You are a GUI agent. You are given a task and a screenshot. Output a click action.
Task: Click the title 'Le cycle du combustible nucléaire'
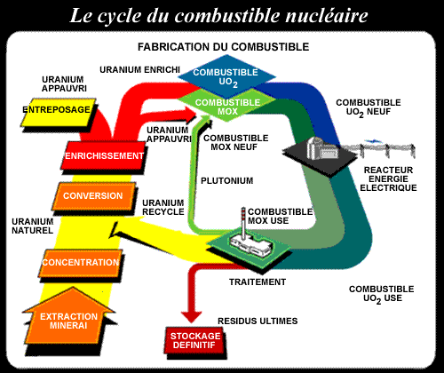coord(222,15)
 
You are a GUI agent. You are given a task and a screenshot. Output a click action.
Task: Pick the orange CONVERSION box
coord(86,196)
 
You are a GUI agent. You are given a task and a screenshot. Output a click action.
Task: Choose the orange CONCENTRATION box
coord(80,262)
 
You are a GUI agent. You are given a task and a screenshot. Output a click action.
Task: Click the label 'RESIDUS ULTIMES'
coord(258,320)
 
